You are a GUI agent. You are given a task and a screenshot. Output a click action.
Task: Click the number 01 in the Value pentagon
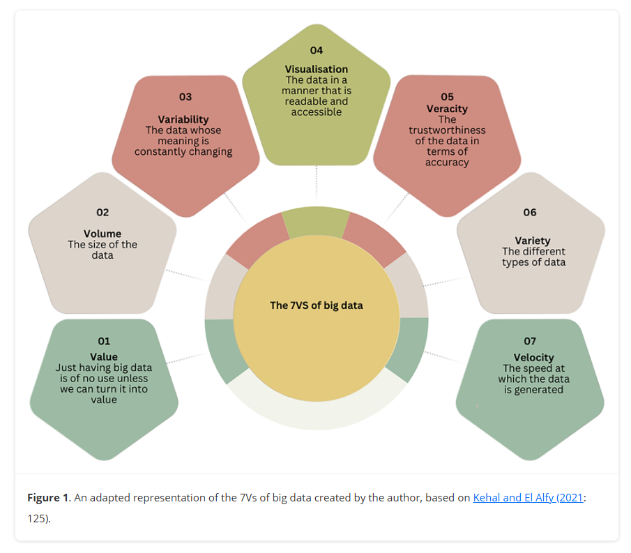click(x=104, y=341)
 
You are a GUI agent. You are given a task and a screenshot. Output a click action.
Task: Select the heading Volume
click(x=102, y=234)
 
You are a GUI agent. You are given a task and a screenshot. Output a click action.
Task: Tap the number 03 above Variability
click(x=185, y=97)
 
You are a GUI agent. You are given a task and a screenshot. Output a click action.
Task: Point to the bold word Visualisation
click(x=316, y=69)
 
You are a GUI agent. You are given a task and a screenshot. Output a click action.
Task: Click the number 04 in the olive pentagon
click(x=317, y=50)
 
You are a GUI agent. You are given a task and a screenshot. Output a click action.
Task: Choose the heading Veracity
click(x=447, y=109)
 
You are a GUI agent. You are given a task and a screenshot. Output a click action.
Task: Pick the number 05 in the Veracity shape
click(x=447, y=97)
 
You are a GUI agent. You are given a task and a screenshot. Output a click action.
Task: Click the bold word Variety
click(x=533, y=241)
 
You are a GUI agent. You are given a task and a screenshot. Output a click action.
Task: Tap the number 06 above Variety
click(x=530, y=212)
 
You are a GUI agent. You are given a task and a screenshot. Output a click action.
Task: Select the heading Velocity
click(x=533, y=358)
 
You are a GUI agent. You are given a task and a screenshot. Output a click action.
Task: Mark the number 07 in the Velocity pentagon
click(x=530, y=341)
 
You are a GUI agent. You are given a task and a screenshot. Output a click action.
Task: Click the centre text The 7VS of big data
click(x=317, y=305)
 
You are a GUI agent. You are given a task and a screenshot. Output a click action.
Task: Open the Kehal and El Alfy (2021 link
click(x=527, y=498)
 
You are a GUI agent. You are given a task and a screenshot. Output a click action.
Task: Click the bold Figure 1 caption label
click(x=48, y=498)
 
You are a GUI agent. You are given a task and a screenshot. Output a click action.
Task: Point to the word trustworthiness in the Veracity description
click(x=447, y=130)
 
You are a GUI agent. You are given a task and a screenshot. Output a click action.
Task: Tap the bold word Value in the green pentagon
click(x=104, y=357)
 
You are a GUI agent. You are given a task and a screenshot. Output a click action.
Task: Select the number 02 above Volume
click(x=102, y=212)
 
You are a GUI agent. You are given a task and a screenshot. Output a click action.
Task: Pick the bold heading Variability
click(x=183, y=119)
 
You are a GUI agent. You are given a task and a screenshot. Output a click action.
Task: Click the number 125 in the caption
click(x=36, y=519)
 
